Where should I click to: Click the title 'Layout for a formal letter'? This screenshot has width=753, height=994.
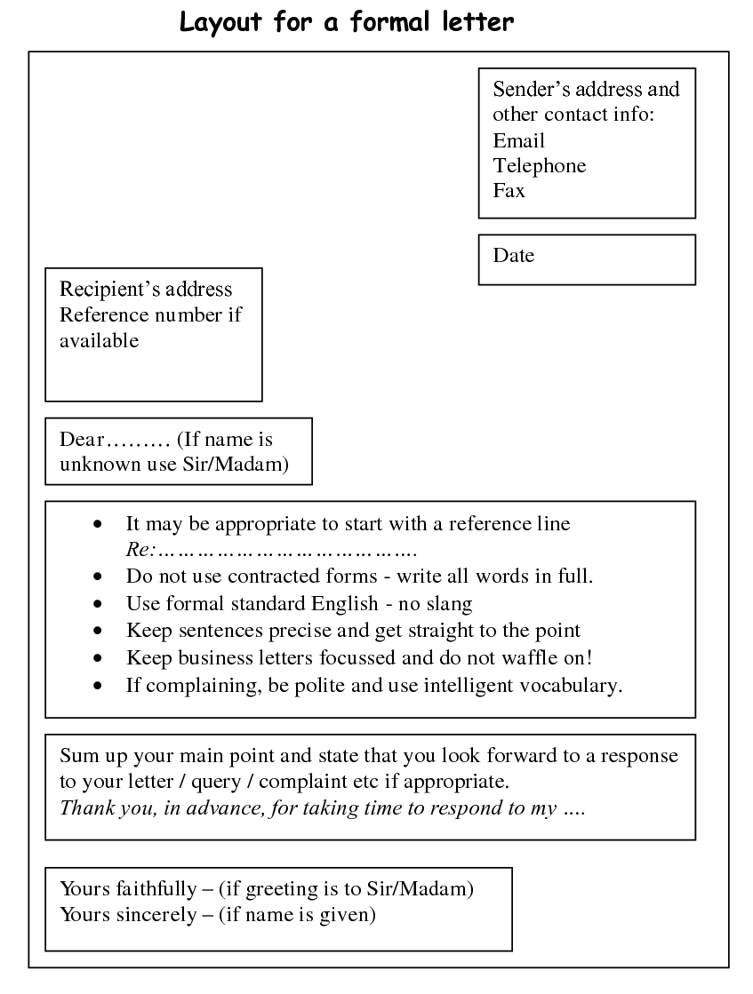(347, 21)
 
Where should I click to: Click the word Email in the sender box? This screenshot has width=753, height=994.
(518, 140)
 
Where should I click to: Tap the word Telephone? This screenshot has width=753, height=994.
(539, 165)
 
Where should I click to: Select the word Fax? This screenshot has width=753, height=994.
(509, 190)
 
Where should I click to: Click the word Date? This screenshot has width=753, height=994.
(513, 256)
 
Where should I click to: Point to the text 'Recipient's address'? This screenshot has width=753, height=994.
(145, 290)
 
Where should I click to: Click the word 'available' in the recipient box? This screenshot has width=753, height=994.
(99, 340)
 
